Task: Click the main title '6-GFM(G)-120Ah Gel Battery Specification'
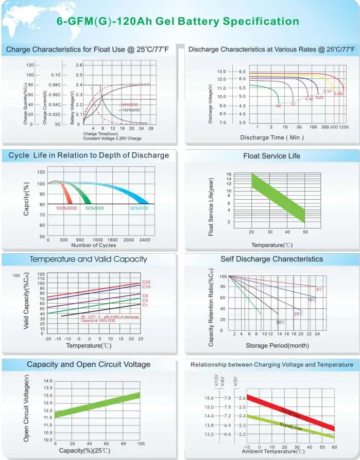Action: tap(177, 21)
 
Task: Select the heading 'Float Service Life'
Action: tap(271, 155)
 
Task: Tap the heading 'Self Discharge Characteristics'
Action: tap(271, 259)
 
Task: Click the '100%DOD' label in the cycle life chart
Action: tap(66, 208)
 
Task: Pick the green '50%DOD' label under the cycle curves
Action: tap(94, 208)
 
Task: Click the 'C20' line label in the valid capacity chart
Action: tap(146, 282)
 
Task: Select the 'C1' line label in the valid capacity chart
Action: tap(145, 305)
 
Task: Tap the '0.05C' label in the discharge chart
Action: tap(339, 94)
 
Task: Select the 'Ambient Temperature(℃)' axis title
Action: tap(273, 451)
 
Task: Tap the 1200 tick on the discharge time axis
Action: tap(344, 127)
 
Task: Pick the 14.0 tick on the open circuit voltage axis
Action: tap(48, 381)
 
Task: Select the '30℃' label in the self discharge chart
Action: tap(280, 322)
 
